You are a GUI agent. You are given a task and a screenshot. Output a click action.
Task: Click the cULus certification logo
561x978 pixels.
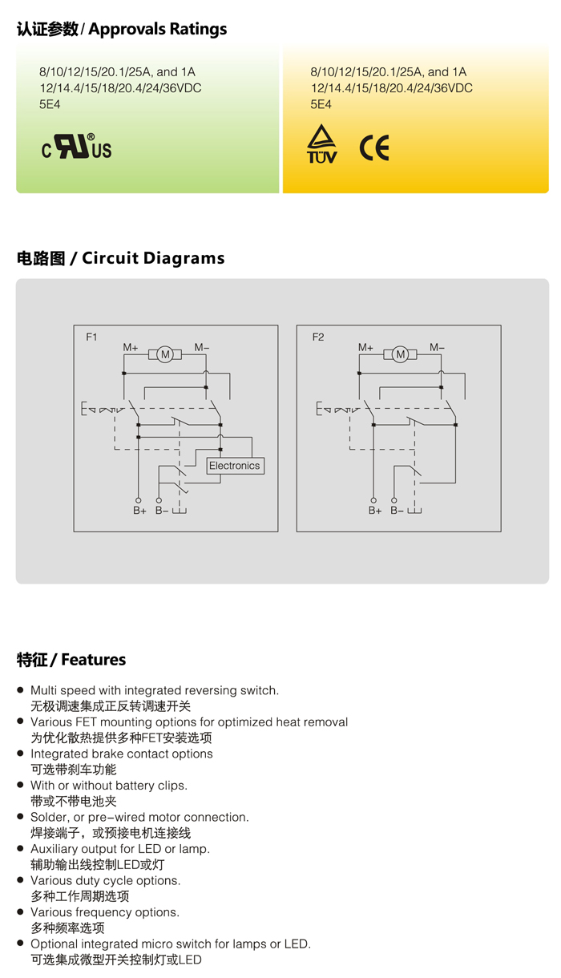(x=76, y=148)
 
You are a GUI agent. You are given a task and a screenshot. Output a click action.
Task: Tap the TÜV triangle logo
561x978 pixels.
(x=321, y=144)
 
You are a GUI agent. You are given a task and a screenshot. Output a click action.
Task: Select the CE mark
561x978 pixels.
(x=373, y=148)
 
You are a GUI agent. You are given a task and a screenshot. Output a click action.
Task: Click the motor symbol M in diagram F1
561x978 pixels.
(x=165, y=354)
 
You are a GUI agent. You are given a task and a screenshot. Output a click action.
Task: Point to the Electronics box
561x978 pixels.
(x=235, y=466)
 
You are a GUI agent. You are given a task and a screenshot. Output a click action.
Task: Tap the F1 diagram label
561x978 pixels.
(x=91, y=337)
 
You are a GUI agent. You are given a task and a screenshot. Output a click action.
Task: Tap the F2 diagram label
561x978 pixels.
(x=318, y=337)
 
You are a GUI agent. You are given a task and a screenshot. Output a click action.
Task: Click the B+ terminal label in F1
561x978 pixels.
(x=139, y=511)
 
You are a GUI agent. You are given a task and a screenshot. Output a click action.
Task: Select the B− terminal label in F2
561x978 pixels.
(x=397, y=511)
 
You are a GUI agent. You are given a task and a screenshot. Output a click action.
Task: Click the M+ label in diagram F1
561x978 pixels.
(x=131, y=347)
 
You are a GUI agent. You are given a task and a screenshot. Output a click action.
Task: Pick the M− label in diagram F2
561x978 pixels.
(x=437, y=347)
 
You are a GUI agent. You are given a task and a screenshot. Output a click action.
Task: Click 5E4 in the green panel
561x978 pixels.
(x=50, y=104)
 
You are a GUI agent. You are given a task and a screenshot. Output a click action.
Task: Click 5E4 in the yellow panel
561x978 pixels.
(x=321, y=104)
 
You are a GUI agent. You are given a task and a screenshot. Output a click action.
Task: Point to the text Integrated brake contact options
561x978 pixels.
(x=122, y=754)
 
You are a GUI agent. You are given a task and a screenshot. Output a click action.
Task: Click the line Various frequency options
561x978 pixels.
(x=105, y=912)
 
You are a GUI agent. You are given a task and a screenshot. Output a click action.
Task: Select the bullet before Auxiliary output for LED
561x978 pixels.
(x=21, y=849)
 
